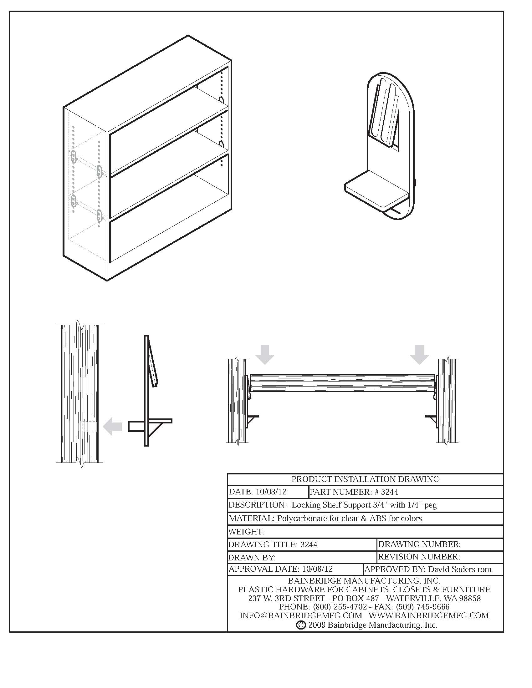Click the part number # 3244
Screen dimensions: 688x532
[x=389, y=492]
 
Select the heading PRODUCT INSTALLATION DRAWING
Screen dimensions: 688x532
[x=365, y=479]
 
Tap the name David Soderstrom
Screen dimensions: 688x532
[x=459, y=569]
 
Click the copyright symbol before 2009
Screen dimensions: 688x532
[x=301, y=625]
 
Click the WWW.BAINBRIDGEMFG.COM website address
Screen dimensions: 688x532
[x=429, y=615]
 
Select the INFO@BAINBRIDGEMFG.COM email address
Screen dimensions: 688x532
[x=301, y=615]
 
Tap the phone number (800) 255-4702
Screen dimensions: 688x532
[x=340, y=607]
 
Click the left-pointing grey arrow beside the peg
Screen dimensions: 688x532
[x=113, y=427]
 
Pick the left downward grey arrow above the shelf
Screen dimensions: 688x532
[x=265, y=354]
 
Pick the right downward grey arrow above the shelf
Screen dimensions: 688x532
[x=419, y=354]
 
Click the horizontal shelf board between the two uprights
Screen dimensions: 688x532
[x=342, y=383]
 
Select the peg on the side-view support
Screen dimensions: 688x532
[x=136, y=427]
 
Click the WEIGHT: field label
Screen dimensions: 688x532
[x=246, y=532]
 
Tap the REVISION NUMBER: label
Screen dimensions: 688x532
[x=419, y=557]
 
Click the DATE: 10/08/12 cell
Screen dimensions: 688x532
[x=258, y=492]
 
